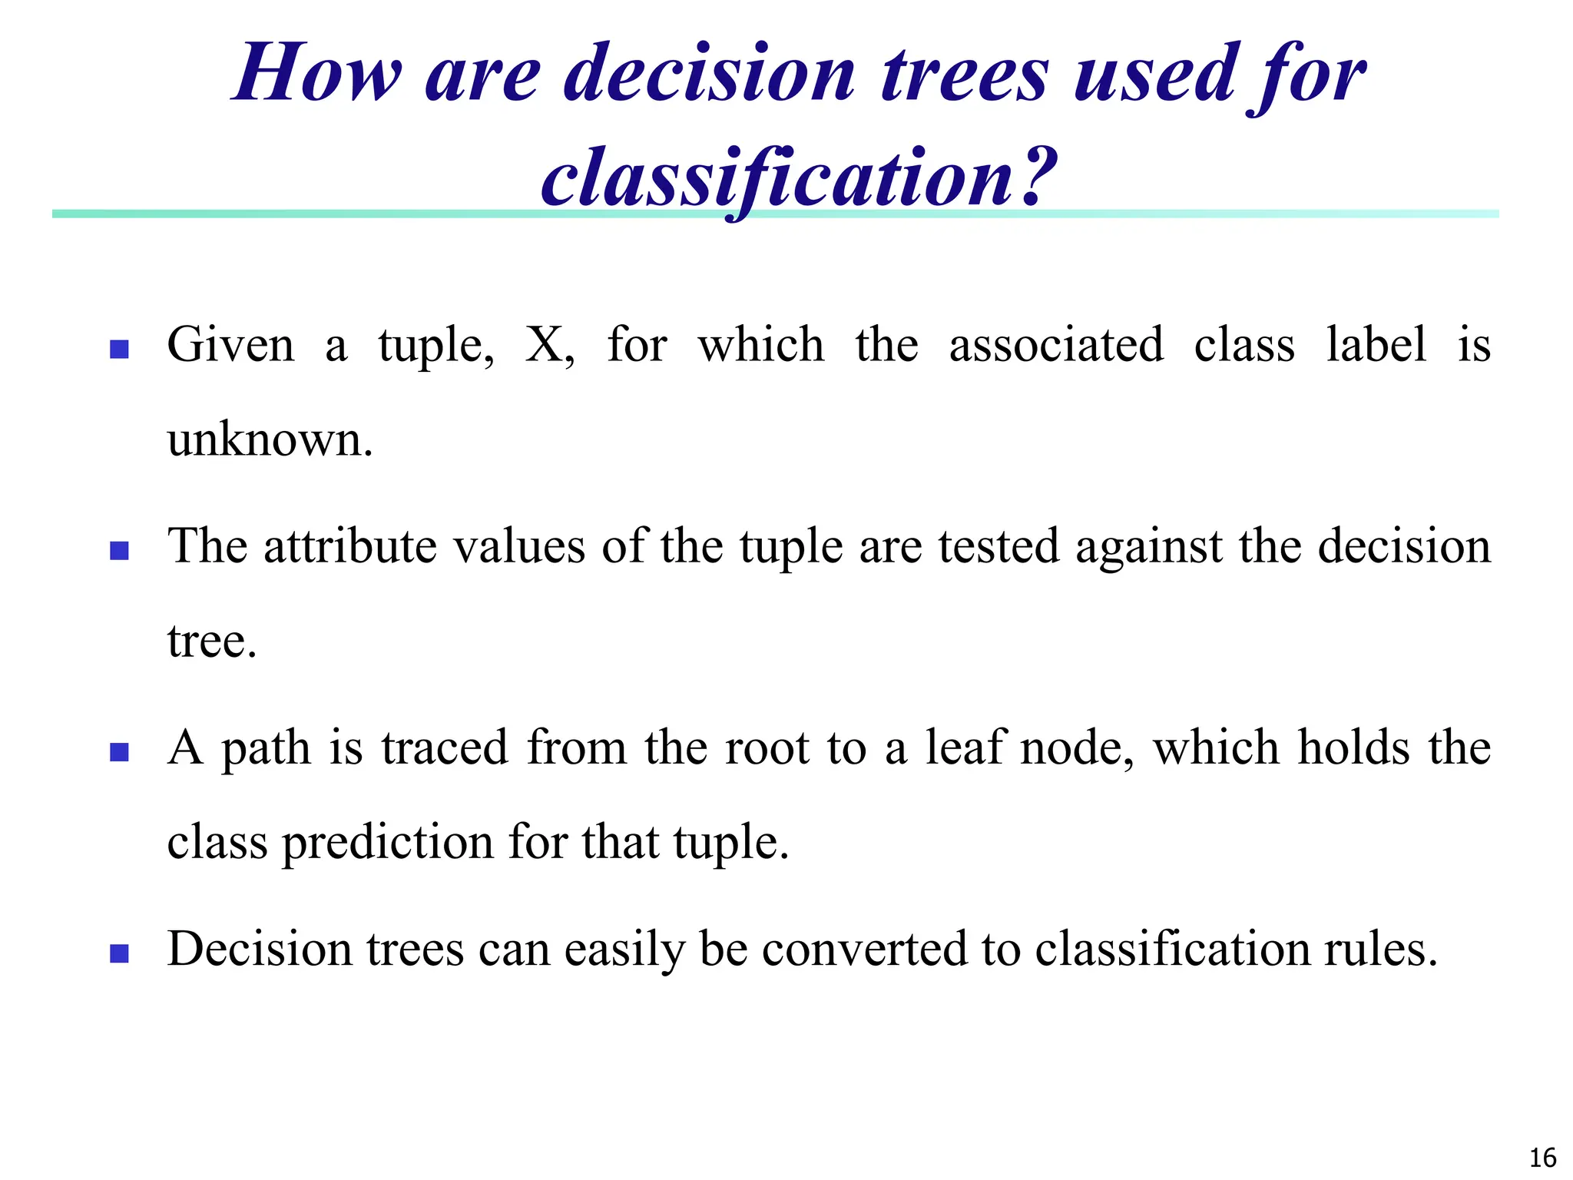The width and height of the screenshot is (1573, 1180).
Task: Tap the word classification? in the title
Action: pos(799,178)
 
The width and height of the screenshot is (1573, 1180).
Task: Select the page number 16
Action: pos(1542,1157)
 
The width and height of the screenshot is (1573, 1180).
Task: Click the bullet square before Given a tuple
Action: pos(119,350)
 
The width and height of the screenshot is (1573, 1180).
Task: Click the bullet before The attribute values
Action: pos(119,551)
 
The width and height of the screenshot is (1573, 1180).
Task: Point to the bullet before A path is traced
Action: pos(119,751)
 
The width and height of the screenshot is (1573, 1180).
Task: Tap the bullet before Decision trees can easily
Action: pos(119,953)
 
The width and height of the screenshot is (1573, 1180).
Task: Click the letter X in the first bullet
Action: pos(545,345)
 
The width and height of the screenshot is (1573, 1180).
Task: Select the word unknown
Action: pos(269,440)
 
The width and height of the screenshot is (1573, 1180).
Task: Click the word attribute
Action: pos(350,546)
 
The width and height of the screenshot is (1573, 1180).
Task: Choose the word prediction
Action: pos(388,843)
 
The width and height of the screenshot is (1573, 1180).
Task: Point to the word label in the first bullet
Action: pos(1376,345)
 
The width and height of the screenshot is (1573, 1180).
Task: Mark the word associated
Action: pos(1056,345)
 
